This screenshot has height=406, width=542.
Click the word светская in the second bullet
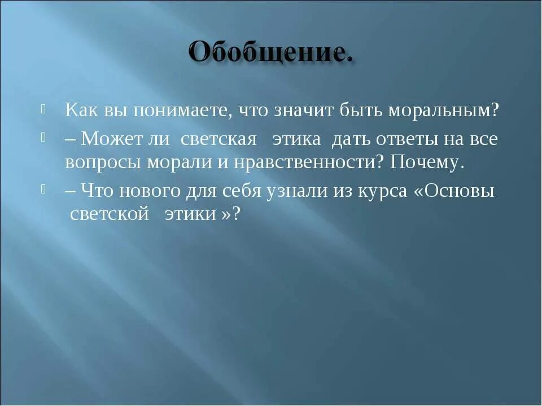[219, 139]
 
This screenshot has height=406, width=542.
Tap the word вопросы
[103, 162]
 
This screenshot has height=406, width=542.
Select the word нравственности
[291, 162]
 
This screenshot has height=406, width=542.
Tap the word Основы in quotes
[460, 191]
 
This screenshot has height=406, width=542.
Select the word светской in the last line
[109, 215]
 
